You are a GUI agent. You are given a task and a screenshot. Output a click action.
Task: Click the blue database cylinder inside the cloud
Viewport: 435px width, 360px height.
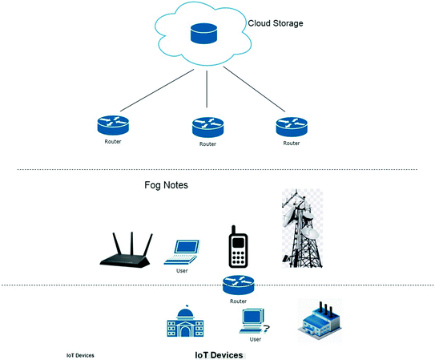tap(203, 34)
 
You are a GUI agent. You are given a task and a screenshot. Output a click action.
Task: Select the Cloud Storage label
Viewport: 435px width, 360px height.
tap(276, 23)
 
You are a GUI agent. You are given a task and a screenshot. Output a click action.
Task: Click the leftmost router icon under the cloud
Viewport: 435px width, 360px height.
tap(113, 125)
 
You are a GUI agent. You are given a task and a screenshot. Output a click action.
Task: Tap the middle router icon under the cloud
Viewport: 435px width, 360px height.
tap(207, 127)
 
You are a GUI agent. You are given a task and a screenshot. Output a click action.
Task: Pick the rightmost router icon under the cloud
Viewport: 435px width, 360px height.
tap(292, 127)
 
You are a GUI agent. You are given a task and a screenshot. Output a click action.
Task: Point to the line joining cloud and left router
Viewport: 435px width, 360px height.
tap(157, 91)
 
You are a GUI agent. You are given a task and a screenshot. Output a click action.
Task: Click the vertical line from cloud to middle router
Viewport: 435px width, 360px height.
tap(207, 89)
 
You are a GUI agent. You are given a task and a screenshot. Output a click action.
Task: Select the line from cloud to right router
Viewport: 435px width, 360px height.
tap(254, 89)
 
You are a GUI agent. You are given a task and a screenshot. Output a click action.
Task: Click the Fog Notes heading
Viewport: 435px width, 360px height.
tap(166, 185)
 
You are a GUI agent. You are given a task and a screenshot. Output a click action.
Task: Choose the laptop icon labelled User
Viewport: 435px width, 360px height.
tap(182, 252)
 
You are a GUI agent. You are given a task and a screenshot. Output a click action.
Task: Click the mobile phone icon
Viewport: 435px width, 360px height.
tap(238, 247)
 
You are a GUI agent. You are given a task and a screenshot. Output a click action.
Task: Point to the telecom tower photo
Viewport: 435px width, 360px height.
tap(302, 229)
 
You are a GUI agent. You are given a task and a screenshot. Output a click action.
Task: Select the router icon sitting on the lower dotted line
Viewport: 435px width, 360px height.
tap(238, 285)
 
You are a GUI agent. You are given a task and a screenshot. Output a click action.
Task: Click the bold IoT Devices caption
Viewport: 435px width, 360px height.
tap(219, 355)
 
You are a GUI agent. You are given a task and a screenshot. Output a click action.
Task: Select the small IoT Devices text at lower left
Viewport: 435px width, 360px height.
tap(80, 355)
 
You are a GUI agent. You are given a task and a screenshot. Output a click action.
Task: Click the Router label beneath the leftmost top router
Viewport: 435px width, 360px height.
tap(113, 142)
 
